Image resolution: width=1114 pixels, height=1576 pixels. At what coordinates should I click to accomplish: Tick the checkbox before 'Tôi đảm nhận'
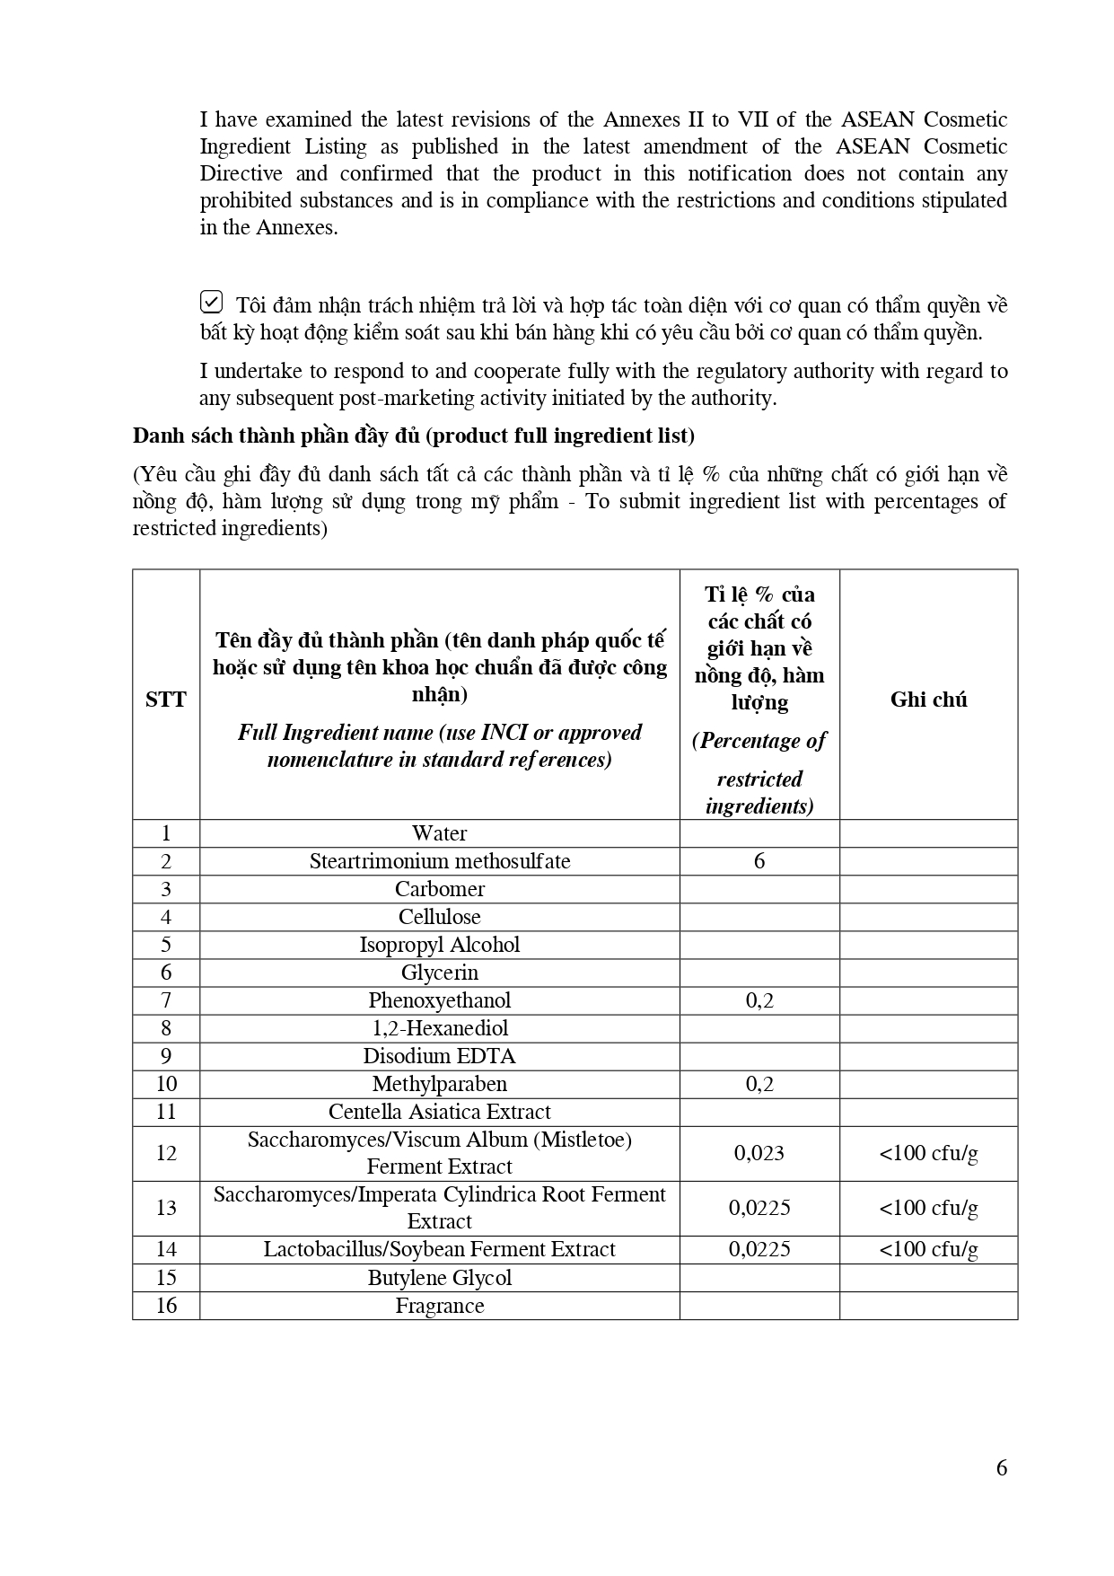click(211, 302)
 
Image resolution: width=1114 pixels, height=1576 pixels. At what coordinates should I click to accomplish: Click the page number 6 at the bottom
click(1002, 1468)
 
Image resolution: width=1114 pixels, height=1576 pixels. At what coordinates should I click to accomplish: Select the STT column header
click(166, 700)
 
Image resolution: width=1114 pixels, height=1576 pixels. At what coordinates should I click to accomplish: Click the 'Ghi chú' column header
click(928, 700)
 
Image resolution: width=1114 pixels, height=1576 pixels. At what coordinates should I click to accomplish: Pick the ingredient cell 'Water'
click(439, 833)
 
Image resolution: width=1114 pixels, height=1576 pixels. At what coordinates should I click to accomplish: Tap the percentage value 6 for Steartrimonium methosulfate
click(759, 861)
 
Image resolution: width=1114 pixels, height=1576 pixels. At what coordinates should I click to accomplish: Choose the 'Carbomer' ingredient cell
click(439, 889)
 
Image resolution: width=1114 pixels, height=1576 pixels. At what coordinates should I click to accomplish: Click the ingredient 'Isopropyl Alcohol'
click(439, 945)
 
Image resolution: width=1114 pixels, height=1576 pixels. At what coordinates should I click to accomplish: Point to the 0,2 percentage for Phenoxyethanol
click(759, 1000)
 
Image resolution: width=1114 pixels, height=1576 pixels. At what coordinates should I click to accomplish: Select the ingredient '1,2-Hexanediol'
click(439, 1028)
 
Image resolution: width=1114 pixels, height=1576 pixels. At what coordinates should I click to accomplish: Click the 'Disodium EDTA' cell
click(439, 1056)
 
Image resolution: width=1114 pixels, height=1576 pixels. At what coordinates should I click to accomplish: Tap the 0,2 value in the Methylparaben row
click(759, 1084)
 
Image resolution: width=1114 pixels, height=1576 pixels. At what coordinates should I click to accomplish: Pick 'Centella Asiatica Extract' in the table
click(439, 1112)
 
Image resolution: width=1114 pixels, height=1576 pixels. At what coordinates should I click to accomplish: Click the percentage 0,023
click(759, 1153)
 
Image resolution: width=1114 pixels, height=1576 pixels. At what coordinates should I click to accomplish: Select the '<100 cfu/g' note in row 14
click(928, 1249)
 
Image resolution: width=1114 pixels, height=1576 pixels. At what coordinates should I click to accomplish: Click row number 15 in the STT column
click(166, 1278)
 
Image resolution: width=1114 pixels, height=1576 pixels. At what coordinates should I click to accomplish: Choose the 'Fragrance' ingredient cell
click(439, 1306)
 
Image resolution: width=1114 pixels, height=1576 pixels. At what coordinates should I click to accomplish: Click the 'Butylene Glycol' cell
click(439, 1278)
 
